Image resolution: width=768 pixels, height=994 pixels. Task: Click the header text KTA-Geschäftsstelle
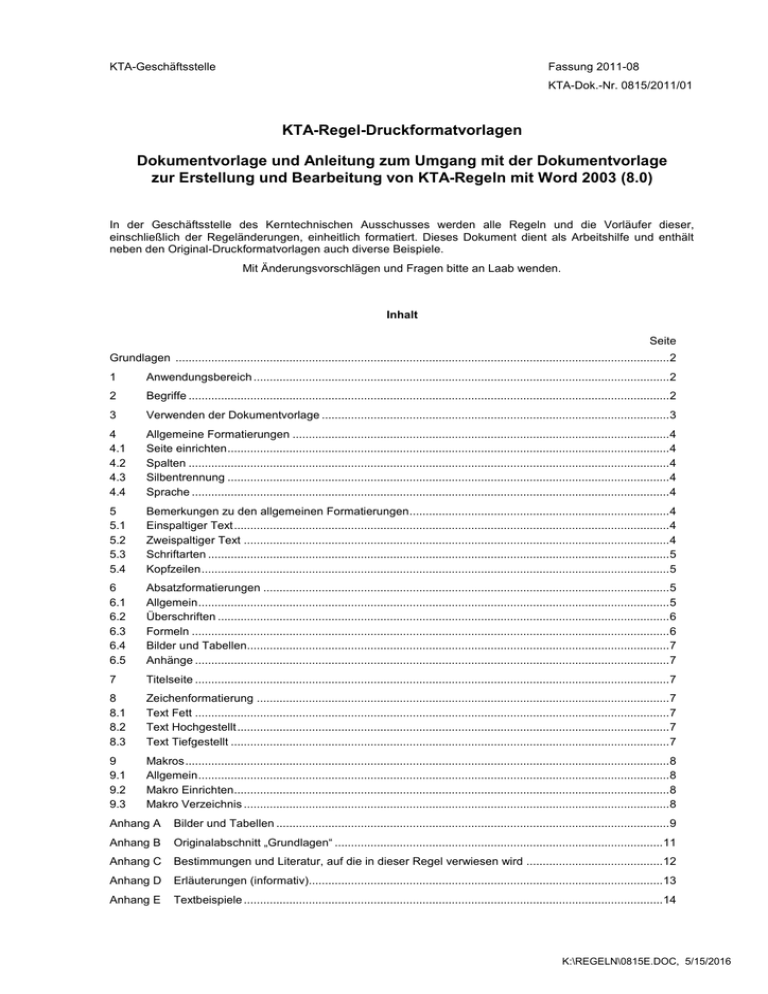164,67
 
